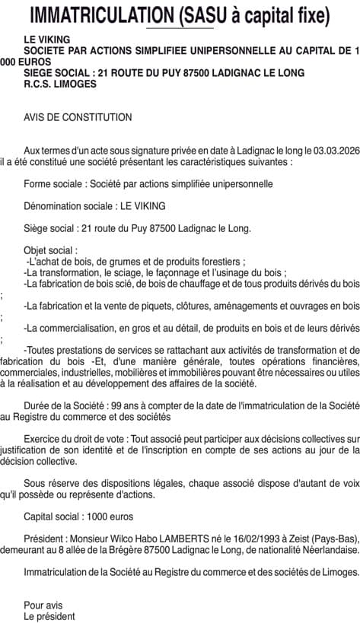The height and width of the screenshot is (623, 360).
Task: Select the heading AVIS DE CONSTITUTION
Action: point(78,118)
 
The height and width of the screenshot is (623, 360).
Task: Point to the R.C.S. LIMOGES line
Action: point(60,84)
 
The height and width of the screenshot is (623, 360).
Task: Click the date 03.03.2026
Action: point(334,151)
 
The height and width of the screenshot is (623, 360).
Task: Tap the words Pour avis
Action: point(43,605)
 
